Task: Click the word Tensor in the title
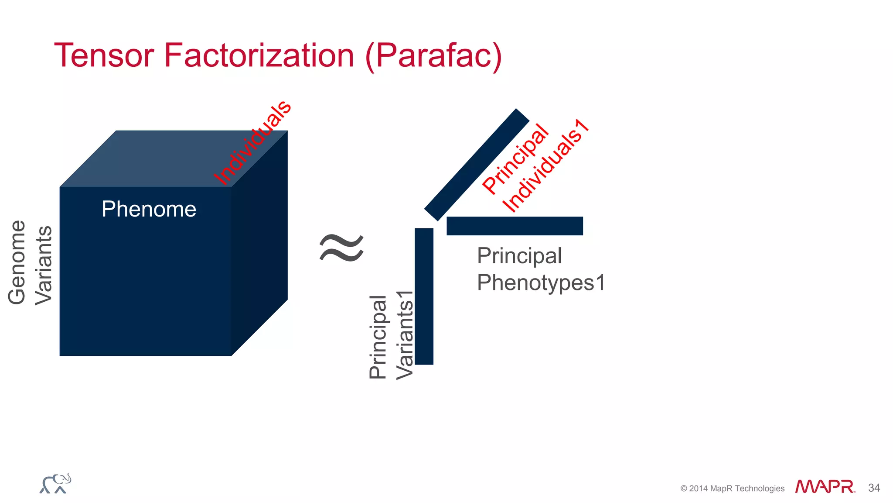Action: click(104, 55)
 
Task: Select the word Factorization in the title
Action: click(259, 55)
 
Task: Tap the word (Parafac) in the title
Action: click(433, 56)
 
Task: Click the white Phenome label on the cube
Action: click(149, 209)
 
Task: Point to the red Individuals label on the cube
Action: click(252, 142)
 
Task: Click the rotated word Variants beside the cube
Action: click(44, 265)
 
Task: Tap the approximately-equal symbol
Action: click(341, 248)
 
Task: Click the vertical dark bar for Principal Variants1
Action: click(424, 296)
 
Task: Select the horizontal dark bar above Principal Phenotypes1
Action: click(515, 226)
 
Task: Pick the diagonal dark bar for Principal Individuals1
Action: click(477, 165)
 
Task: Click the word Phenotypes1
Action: click(541, 283)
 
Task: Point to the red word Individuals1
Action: click(546, 166)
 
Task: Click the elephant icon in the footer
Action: click(55, 484)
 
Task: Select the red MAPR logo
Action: click(825, 487)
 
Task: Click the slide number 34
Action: click(874, 488)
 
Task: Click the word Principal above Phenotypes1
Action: click(519, 256)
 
